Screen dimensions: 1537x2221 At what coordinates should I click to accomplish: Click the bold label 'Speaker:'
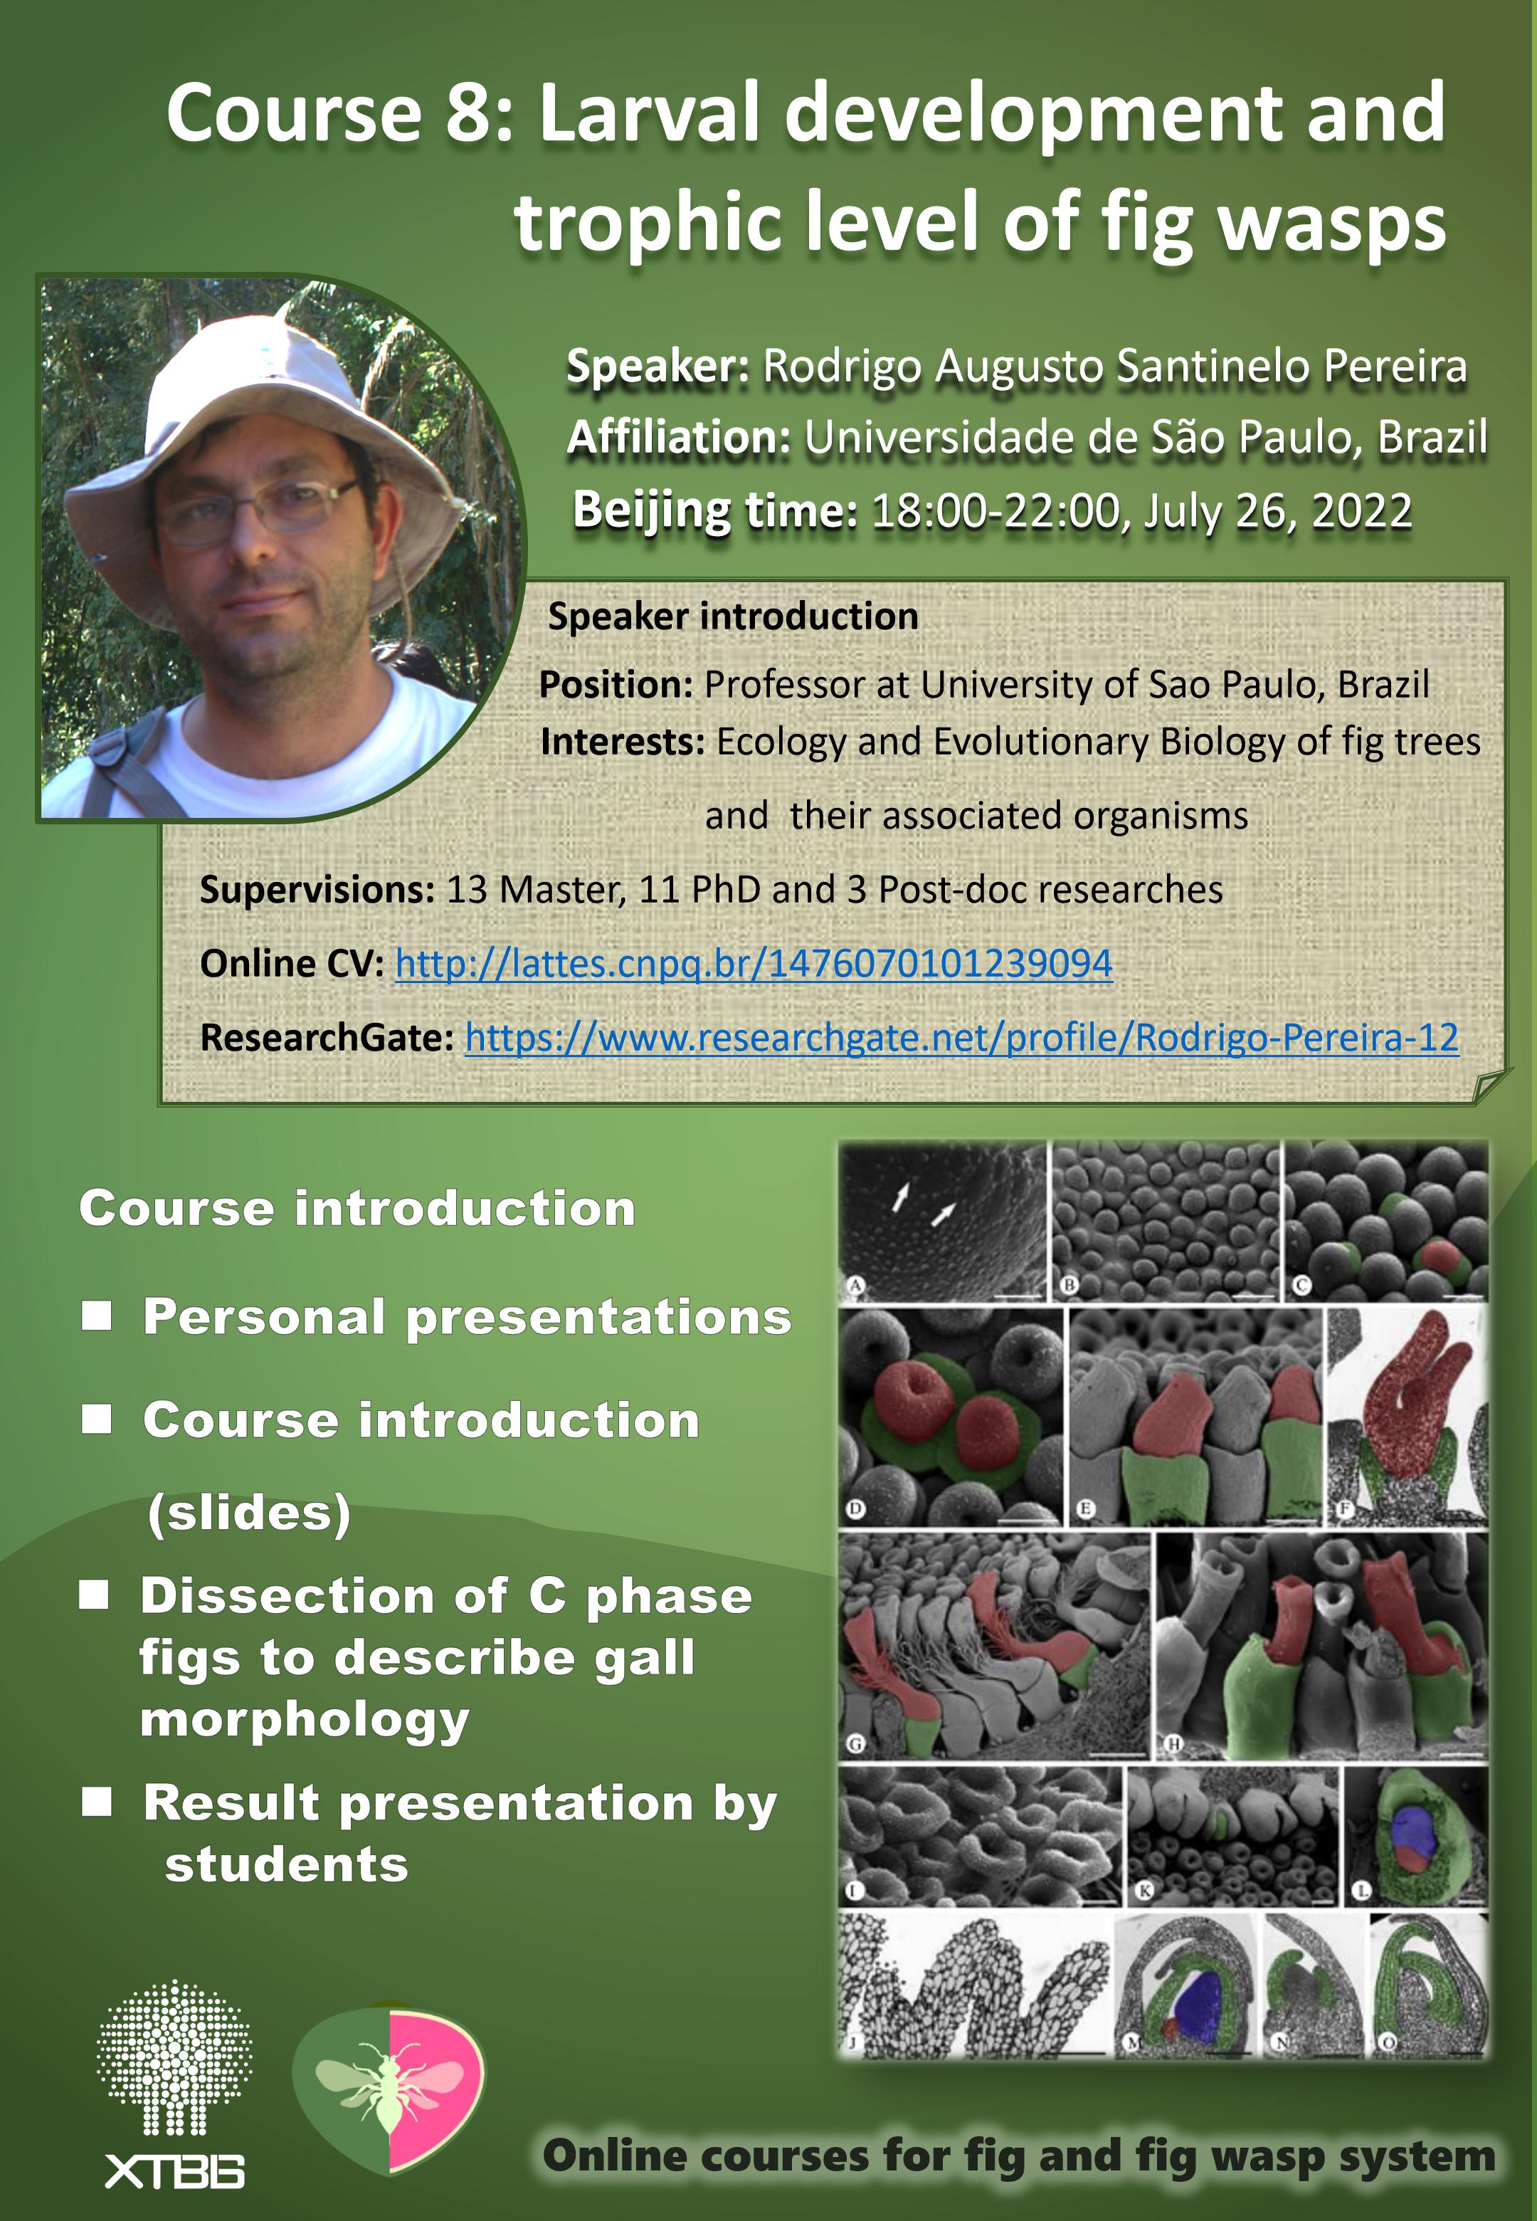click(657, 367)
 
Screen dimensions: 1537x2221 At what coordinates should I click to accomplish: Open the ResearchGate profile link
click(961, 1037)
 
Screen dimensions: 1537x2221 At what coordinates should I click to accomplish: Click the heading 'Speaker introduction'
click(733, 616)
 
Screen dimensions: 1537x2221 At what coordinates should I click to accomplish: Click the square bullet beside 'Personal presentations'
click(96, 1316)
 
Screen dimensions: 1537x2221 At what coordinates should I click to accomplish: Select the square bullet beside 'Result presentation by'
click(96, 1801)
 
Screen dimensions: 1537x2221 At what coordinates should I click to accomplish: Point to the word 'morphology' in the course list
click(305, 1720)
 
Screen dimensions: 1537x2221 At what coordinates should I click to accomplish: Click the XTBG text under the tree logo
click(174, 2172)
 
